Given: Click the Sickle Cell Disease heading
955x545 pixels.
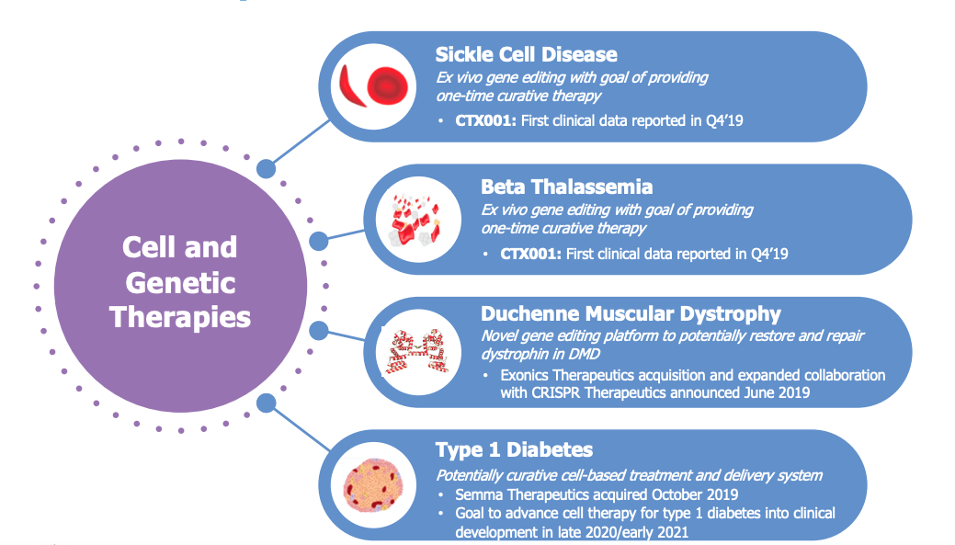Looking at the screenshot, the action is [x=527, y=55].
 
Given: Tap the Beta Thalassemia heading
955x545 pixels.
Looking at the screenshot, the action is [x=566, y=187].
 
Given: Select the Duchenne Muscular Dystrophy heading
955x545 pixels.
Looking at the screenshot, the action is [x=631, y=314].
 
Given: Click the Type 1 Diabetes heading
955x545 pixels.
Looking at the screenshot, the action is [x=514, y=450].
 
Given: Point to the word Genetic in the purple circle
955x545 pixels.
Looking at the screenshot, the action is [x=180, y=283].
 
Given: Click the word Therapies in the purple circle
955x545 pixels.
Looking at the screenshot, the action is [x=180, y=317].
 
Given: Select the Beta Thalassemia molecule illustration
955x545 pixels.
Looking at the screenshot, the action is [x=417, y=220].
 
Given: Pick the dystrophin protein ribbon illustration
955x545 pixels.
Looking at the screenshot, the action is [x=417, y=351].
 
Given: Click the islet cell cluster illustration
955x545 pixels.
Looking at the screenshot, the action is [x=373, y=485].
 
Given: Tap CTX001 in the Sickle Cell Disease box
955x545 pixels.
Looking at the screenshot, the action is [x=485, y=120].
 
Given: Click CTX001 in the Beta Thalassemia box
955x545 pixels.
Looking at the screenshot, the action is [x=530, y=254].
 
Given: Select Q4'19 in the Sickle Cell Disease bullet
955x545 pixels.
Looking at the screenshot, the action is [x=725, y=120].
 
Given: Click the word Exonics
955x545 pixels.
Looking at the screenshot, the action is [x=525, y=375].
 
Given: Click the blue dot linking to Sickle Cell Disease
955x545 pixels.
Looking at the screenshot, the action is [x=266, y=169].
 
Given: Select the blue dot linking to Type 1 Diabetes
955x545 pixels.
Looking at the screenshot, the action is [x=267, y=403].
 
